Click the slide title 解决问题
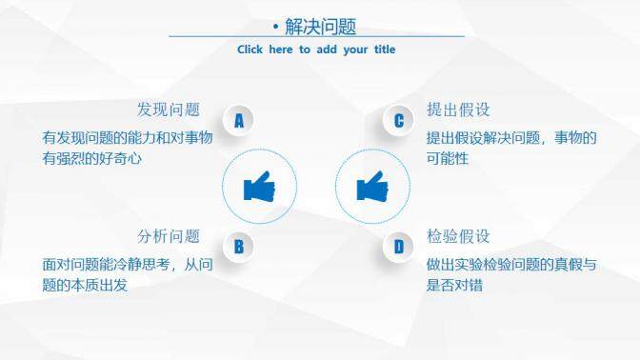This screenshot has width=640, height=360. click(x=321, y=27)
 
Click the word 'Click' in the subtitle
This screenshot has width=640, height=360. click(x=250, y=50)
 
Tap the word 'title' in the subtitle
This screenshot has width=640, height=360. click(x=379, y=50)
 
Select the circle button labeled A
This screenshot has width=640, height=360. click(x=239, y=120)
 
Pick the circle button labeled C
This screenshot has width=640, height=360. click(x=399, y=120)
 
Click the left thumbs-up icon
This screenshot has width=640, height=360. click(x=258, y=187)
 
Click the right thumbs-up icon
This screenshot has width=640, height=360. click(x=372, y=186)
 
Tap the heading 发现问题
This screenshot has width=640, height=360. click(x=169, y=110)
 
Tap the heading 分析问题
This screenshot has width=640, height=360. click(x=169, y=236)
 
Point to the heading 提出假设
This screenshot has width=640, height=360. click(x=458, y=110)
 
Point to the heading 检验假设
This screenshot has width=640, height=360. click(x=458, y=236)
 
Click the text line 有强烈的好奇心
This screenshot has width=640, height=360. click(x=91, y=159)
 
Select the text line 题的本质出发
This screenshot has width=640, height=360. click(x=85, y=285)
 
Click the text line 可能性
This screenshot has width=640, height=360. click(x=448, y=159)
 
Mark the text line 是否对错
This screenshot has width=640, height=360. click(x=454, y=285)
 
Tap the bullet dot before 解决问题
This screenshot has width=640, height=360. click(x=275, y=28)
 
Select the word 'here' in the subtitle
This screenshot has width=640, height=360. click(x=281, y=50)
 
